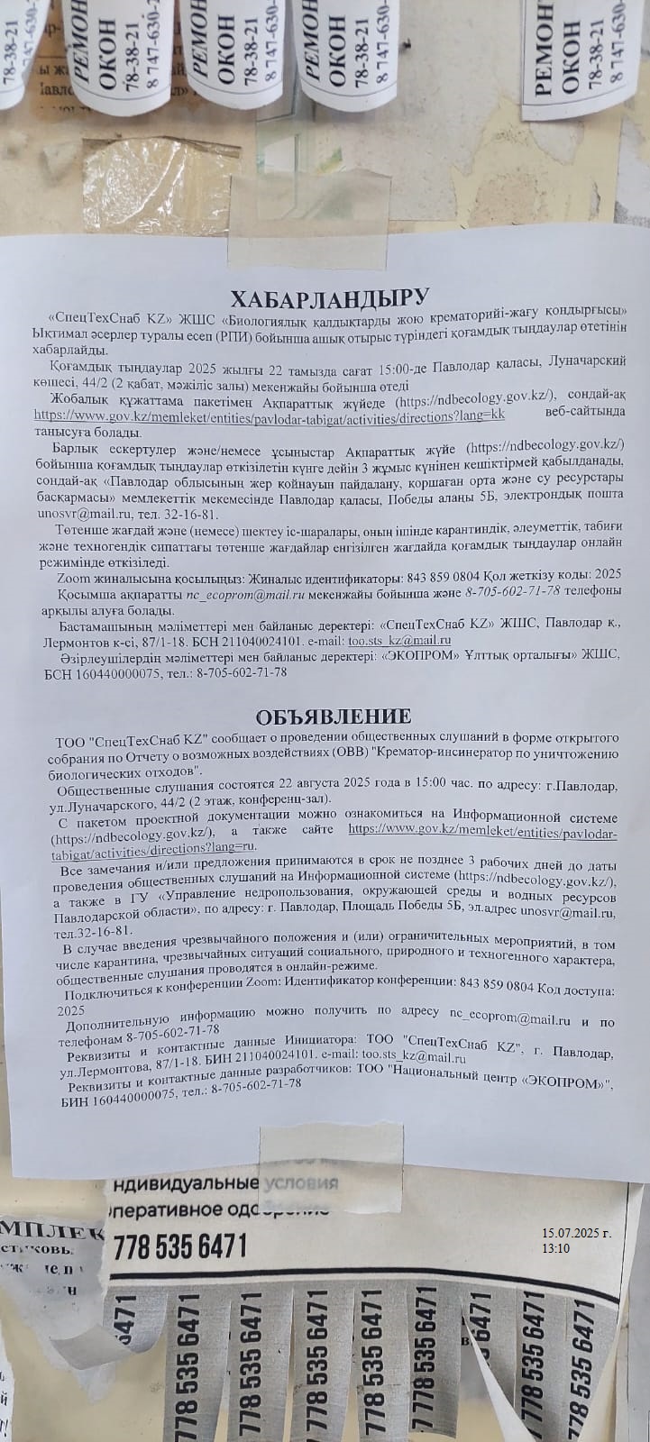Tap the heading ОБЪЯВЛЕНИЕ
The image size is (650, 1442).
pyautogui.click(x=333, y=716)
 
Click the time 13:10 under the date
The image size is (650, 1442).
pyautogui.click(x=556, y=1248)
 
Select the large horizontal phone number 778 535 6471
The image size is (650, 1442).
pyautogui.click(x=179, y=1247)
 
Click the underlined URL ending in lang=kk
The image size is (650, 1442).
pyautogui.click(x=269, y=415)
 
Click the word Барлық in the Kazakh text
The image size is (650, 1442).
pyautogui.click(x=76, y=447)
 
